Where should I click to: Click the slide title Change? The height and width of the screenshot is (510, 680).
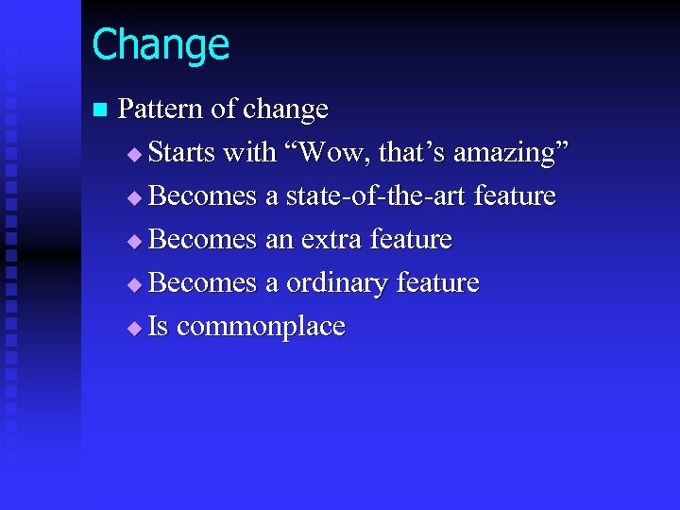coord(161,45)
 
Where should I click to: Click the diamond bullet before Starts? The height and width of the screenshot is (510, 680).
coord(133,154)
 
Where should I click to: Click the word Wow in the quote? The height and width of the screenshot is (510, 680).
coord(323,153)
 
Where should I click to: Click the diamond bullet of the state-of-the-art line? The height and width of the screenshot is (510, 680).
coord(133,197)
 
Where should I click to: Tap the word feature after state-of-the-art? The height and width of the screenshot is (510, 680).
coord(515,196)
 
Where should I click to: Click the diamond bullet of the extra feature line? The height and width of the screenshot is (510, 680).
coord(133,241)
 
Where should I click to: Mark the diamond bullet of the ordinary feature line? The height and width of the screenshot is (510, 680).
coord(133,284)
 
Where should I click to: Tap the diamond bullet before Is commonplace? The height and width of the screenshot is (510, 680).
coord(133,328)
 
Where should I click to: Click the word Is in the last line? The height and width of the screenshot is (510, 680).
coord(159,327)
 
